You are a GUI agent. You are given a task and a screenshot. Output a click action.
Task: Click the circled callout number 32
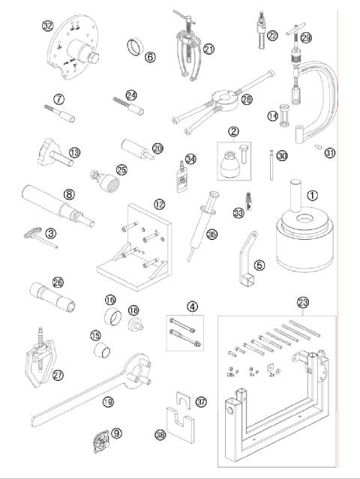[48, 25]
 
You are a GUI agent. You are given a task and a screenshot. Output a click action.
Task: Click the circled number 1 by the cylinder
[313, 194]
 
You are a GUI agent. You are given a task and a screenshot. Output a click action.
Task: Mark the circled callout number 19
[109, 403]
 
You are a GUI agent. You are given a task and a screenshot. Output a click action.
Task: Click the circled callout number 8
[68, 193]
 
